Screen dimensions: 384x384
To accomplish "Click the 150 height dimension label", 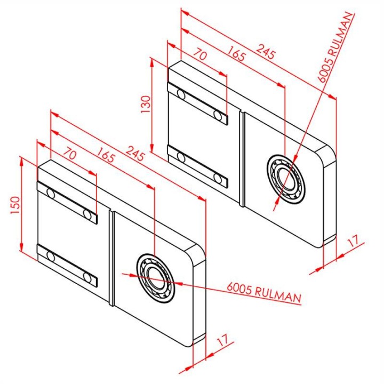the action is (15, 205).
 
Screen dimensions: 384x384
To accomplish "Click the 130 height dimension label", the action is (146, 104).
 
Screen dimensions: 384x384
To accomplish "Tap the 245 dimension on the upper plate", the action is (266, 52).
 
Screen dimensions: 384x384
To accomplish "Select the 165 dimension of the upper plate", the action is (236, 54).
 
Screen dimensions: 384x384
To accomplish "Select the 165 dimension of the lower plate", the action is (106, 155).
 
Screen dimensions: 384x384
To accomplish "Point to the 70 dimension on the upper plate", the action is (201, 55).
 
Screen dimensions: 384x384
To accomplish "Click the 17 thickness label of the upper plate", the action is (353, 241).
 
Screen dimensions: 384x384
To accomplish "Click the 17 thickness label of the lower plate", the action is (223, 340).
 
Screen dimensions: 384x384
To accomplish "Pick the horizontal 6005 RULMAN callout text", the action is (264, 293).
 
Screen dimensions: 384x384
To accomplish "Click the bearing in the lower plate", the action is (156, 278).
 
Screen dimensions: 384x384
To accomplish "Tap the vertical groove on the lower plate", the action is (111, 258).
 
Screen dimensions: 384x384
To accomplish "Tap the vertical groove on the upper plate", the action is (242, 159).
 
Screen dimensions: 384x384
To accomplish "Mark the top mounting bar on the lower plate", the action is (67, 203).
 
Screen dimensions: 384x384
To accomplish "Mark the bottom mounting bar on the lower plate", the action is (67, 266).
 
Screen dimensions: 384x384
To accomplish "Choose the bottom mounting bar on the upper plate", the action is (198, 166).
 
